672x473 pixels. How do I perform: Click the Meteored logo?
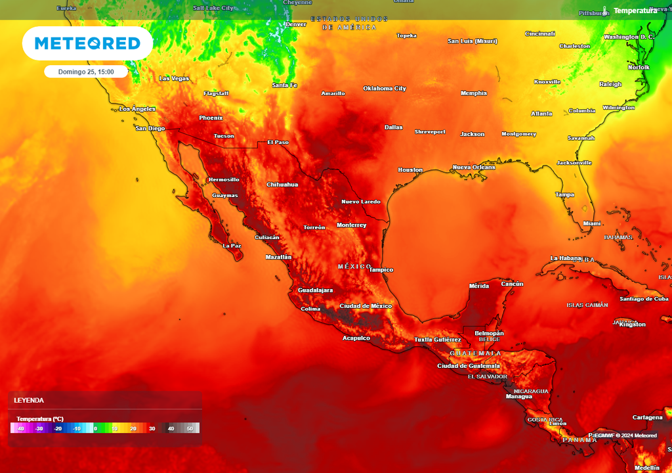point(87,43)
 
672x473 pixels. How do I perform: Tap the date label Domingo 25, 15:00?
point(86,72)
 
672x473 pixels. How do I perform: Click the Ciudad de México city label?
point(366,306)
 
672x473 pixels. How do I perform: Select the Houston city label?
point(410,170)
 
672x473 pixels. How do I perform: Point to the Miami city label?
point(592,223)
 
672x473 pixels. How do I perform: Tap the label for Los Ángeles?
point(137,109)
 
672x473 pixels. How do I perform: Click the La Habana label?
point(566,258)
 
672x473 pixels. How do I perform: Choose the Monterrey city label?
point(351,225)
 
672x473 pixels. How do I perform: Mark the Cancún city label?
point(512,284)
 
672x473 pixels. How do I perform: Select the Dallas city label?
point(394,127)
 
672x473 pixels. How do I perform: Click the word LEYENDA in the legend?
point(29,400)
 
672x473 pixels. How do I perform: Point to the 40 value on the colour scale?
point(171,428)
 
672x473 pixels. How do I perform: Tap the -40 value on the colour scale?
point(20,428)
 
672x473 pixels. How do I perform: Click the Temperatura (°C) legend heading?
point(40,418)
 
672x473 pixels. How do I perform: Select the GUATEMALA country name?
point(475,353)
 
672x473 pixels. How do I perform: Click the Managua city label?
point(519,397)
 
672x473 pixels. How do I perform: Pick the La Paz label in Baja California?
point(232,246)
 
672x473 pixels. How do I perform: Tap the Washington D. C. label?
point(629,37)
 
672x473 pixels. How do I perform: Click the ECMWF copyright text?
point(624,436)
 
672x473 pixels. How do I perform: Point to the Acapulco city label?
point(356,338)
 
